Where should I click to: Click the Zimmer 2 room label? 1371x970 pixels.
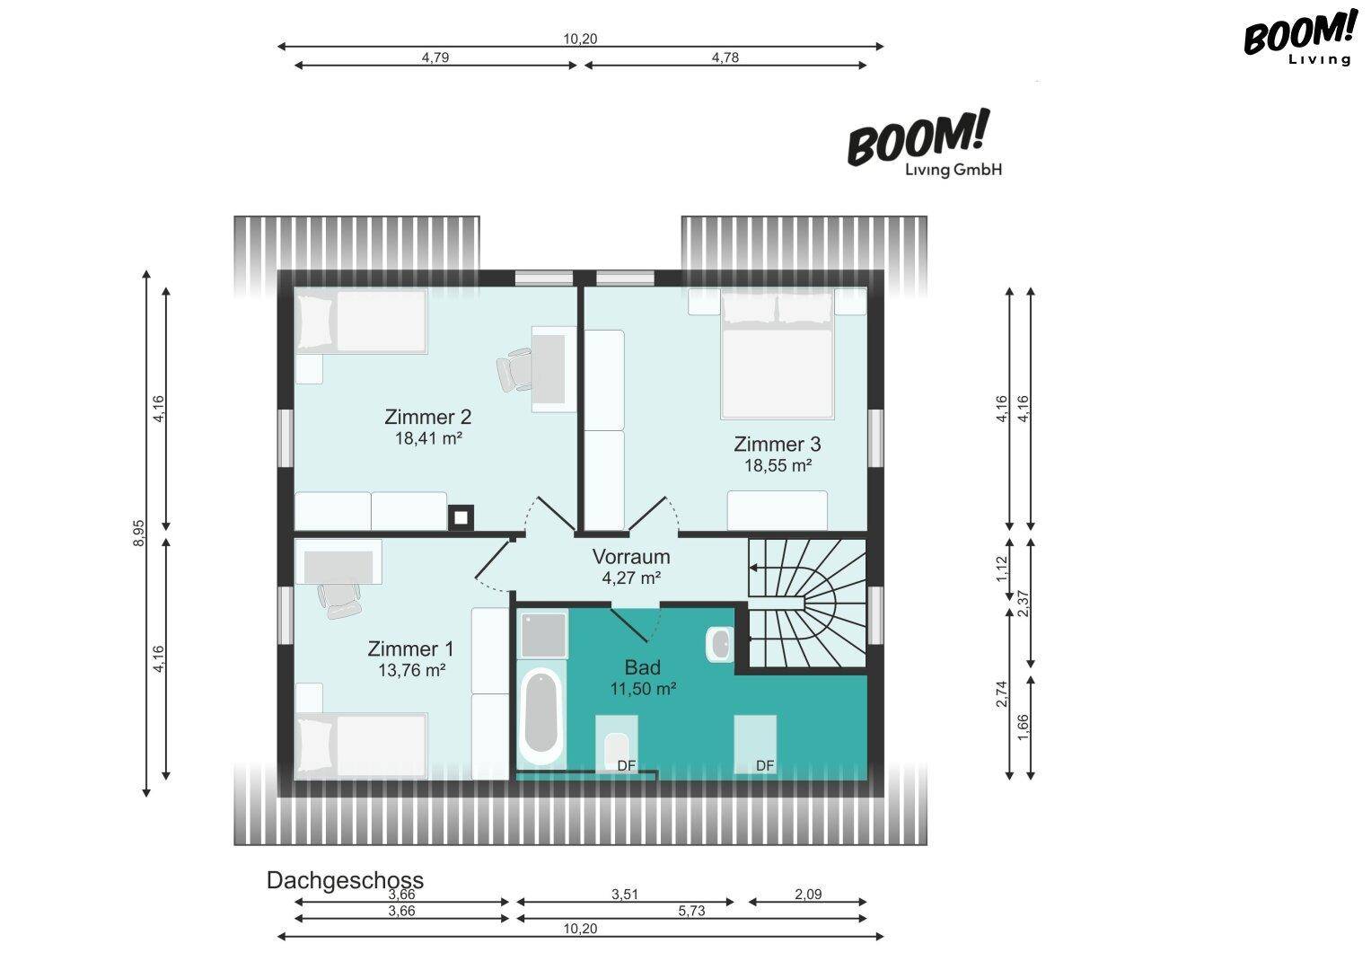coord(428,417)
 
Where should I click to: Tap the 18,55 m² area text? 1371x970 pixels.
coord(778,465)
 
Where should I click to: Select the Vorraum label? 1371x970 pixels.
coord(631,557)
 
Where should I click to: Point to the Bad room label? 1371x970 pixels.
coord(642,666)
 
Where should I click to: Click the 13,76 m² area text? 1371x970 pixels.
coord(411,670)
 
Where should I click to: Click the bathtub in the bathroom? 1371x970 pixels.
coord(541,716)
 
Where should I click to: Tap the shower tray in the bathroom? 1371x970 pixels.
coord(543,635)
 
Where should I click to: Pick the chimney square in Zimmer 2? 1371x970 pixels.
coord(461,518)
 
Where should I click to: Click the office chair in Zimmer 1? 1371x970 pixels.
coord(339,600)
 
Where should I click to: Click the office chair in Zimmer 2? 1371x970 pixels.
coord(514,369)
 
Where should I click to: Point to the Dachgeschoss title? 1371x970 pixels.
coord(345,880)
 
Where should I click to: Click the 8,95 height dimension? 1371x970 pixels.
coord(139,533)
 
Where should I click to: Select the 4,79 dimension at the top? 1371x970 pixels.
coord(435,57)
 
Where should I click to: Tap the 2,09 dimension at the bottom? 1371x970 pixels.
coord(808,894)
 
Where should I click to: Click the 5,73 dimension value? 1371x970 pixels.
coord(691,912)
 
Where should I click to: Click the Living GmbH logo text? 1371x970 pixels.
coord(953,170)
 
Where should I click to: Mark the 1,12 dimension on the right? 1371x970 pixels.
coord(1001,569)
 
